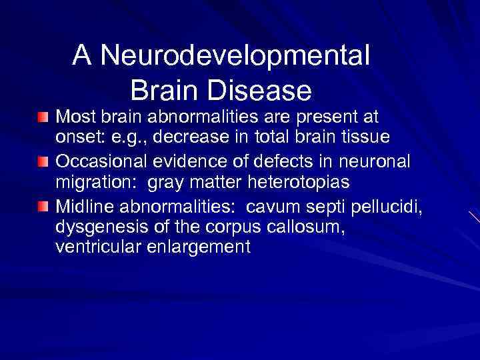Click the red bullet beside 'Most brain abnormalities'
43,118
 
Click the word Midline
81,206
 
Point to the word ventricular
93,247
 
